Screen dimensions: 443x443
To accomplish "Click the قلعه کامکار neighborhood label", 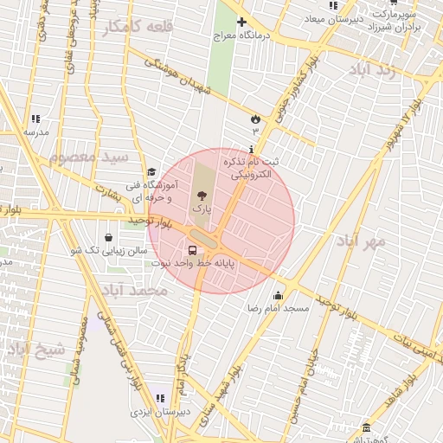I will tap(138, 28).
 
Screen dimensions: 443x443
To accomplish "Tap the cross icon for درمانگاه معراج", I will tap(241, 22).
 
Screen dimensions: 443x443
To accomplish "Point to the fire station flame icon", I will tap(255, 118).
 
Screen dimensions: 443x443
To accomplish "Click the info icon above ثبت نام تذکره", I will tap(251, 149).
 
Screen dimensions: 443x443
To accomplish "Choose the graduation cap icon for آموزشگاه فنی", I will tap(152, 172).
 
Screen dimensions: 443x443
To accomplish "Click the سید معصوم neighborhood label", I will tap(89, 157).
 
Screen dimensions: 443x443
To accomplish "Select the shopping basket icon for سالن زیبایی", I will tap(108, 237).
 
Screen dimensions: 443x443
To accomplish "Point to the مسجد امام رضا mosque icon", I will tap(277, 296).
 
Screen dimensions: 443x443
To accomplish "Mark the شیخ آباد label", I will tap(36, 350).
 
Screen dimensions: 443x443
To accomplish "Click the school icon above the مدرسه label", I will tap(35, 119).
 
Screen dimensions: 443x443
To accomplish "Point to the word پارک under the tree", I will tap(201, 209).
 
